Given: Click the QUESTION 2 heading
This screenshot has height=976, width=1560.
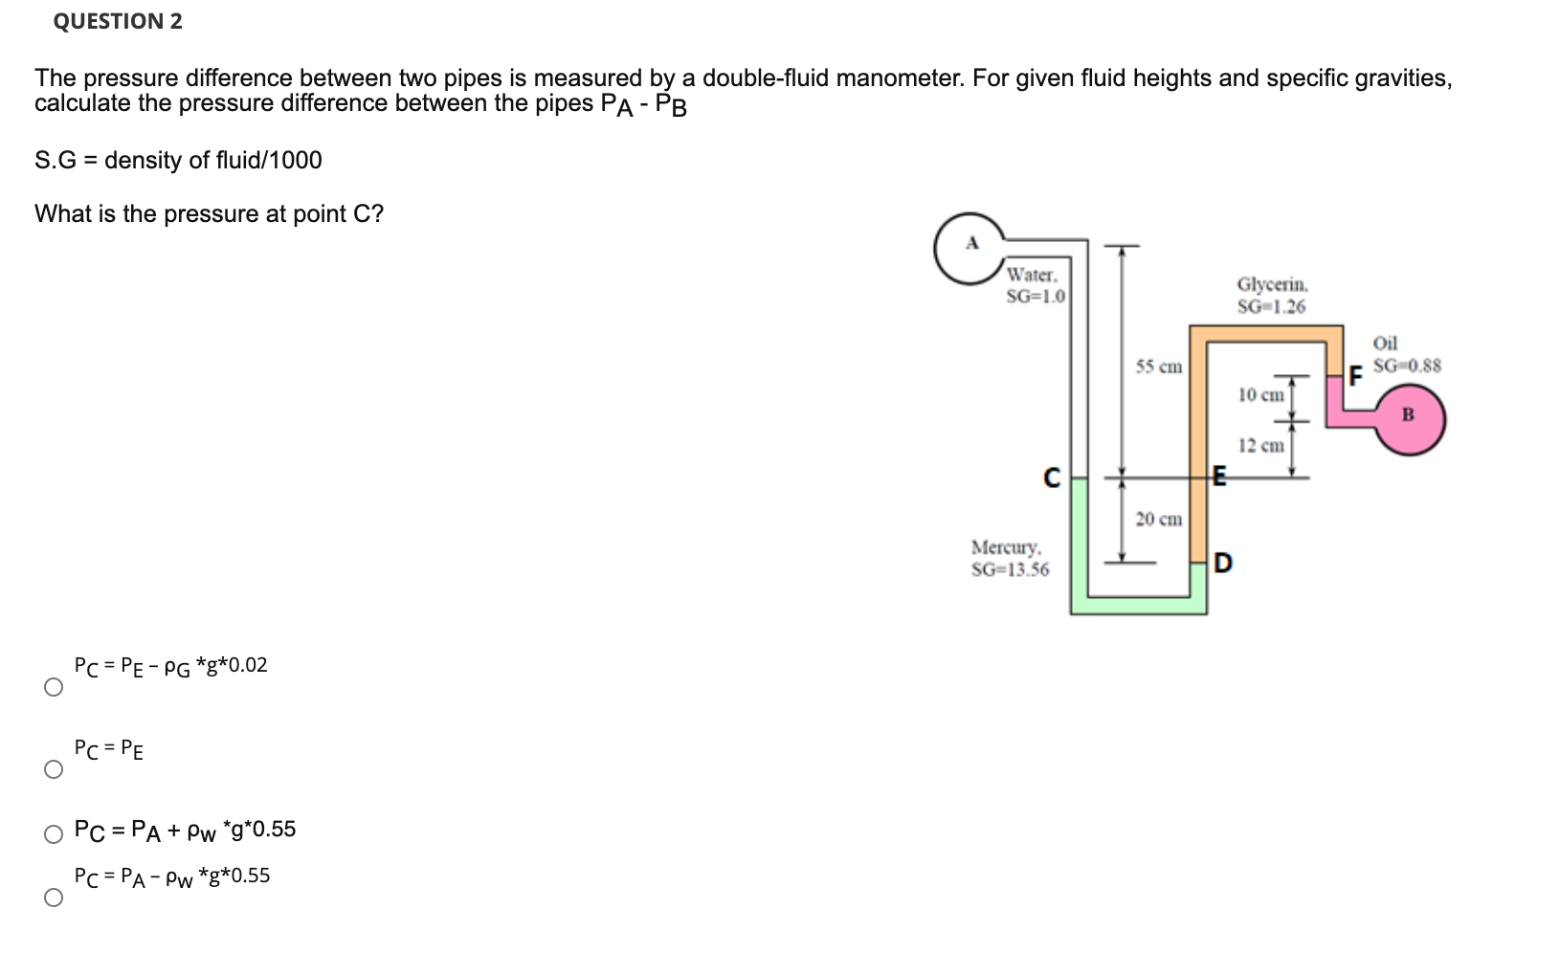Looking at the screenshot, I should (x=118, y=21).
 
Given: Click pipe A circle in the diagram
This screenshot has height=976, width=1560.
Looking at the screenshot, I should (x=970, y=248).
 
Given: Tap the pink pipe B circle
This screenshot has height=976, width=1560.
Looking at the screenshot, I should (x=1410, y=418).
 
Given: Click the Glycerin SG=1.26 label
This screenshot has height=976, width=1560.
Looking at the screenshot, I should (x=1271, y=295).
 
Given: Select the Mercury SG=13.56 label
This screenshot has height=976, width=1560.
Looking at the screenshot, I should (x=1010, y=558).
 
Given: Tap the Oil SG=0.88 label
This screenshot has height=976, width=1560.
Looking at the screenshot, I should (x=1405, y=354).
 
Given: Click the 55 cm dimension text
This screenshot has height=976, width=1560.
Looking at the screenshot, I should (x=1159, y=366).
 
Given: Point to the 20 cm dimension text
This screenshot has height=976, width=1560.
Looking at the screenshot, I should (x=1159, y=519).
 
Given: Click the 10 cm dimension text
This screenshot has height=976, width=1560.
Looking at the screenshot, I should (x=1260, y=394).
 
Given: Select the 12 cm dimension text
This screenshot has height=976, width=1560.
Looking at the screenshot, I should (x=1260, y=445).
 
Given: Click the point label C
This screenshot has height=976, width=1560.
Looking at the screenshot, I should (x=1052, y=477).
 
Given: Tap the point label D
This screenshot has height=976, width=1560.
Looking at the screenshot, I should (x=1222, y=563).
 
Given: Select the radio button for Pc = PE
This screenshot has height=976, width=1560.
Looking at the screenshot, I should (x=54, y=770).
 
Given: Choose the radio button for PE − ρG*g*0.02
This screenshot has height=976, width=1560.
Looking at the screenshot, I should (x=54, y=687).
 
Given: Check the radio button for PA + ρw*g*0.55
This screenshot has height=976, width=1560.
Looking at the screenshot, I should (x=54, y=834).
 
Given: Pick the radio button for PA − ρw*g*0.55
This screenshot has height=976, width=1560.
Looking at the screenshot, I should (x=54, y=898).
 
